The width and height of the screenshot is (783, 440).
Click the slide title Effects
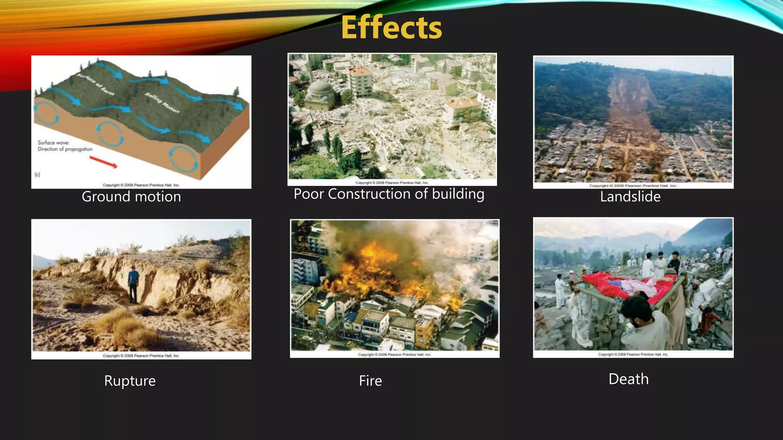pos(391,27)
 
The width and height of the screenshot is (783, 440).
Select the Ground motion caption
pos(131,197)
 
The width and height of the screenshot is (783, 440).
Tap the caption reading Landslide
pos(630,197)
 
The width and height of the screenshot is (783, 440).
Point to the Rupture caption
pos(130,381)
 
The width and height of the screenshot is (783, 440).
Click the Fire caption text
pos(370,381)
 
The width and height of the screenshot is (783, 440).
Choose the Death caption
pos(629,379)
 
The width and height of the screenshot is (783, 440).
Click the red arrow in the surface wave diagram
pos(104,162)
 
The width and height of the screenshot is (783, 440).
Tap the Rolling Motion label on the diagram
pos(162,103)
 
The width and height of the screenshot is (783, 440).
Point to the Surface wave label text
pos(54,142)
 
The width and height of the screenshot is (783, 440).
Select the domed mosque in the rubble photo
pos(320,94)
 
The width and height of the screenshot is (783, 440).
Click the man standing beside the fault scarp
pos(133,283)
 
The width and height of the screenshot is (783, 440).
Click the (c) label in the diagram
pos(37,175)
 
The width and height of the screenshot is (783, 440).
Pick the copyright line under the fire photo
pos(394,354)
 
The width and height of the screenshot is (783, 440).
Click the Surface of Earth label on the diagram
pos(95,84)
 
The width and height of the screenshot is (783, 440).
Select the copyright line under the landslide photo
pos(633,186)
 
